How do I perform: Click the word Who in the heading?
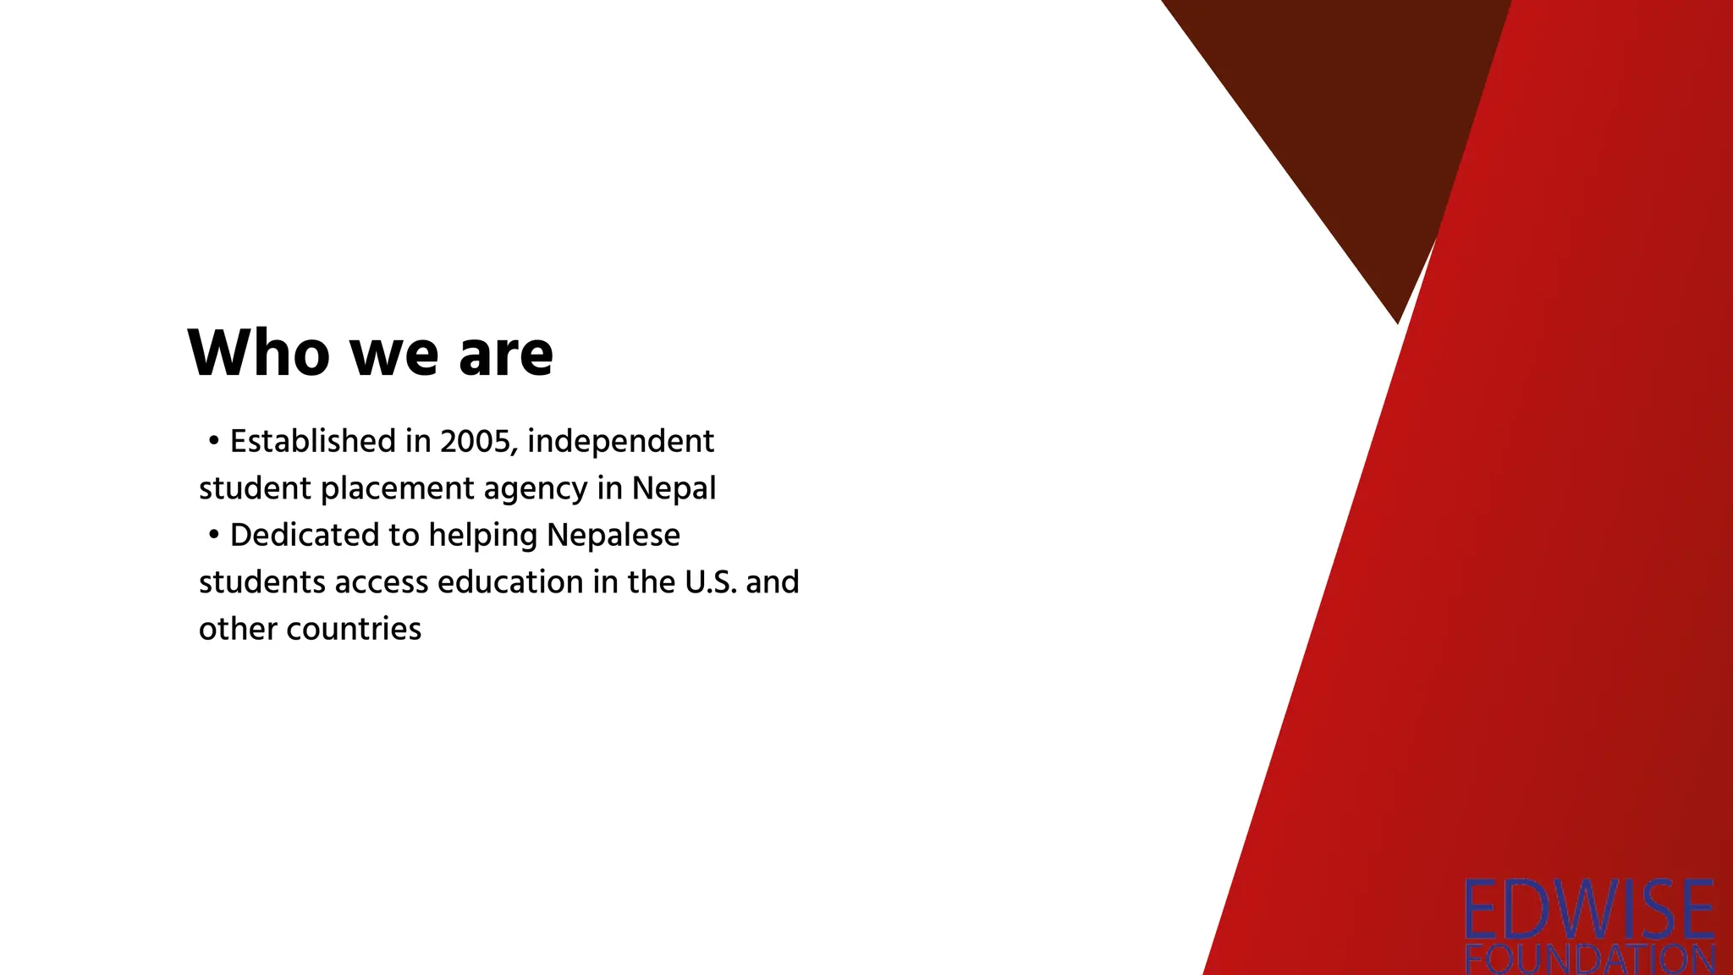tap(258, 353)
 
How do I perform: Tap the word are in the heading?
tap(506, 353)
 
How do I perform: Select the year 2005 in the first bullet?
tap(475, 442)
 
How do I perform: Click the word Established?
tap(313, 442)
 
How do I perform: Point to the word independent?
tap(620, 442)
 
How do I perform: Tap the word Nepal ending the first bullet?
tap(674, 488)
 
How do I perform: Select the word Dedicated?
tap(305, 535)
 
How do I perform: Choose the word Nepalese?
tap(613, 535)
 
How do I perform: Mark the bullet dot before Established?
tap(214, 441)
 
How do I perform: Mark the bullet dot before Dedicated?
tap(214, 535)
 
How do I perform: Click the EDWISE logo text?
tap(1589, 910)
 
